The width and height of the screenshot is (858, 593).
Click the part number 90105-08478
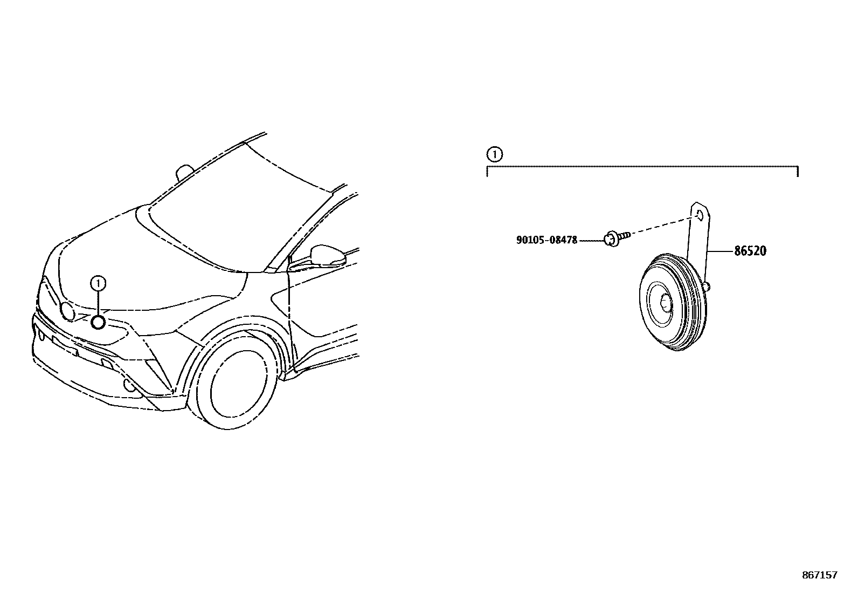(546, 240)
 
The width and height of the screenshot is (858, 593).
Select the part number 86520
(750, 251)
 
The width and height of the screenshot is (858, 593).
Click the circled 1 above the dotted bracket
(494, 155)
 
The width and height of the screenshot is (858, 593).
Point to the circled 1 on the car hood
(98, 282)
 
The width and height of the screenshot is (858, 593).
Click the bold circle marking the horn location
(98, 322)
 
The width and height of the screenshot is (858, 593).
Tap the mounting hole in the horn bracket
(699, 214)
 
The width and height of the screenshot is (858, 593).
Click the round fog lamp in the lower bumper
(129, 384)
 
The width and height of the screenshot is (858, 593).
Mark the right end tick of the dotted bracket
(797, 171)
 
